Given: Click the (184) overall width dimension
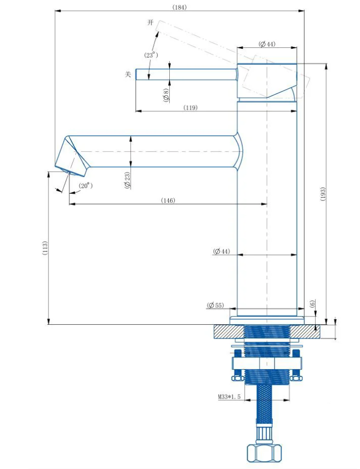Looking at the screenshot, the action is pyautogui.click(x=179, y=8).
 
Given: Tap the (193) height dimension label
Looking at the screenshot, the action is pyautogui.click(x=323, y=194).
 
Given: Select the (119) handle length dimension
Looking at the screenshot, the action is pyautogui.click(x=191, y=108).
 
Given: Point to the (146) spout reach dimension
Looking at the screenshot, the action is pyautogui.click(x=168, y=200).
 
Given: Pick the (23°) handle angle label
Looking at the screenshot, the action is pyautogui.click(x=151, y=55).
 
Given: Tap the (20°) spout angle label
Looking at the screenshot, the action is pyautogui.click(x=86, y=186).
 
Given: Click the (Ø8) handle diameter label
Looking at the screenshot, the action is pyautogui.click(x=166, y=95).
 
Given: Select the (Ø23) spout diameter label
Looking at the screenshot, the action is pyautogui.click(x=127, y=180).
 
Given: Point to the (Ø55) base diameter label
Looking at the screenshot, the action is pyautogui.click(x=215, y=305).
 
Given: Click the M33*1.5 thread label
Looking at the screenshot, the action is pyautogui.click(x=229, y=397).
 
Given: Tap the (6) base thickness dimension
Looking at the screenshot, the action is pyautogui.click(x=313, y=304).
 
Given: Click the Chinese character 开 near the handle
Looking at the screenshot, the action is pyautogui.click(x=150, y=23).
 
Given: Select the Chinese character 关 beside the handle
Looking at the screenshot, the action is pyautogui.click(x=128, y=74).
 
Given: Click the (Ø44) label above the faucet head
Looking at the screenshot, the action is pyautogui.click(x=267, y=44).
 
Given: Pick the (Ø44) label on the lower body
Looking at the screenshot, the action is pyautogui.click(x=221, y=251).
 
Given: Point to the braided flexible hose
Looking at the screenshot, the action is pyautogui.click(x=264, y=401).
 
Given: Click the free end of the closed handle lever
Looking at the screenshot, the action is pyautogui.click(x=137, y=74).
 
